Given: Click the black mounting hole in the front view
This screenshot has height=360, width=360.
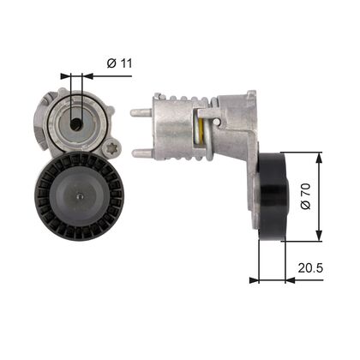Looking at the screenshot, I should pyautogui.click(x=76, y=123).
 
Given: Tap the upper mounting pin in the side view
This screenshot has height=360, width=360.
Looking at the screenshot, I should pyautogui.click(x=141, y=111).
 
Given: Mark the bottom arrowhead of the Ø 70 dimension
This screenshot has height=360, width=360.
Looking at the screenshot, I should pyautogui.click(x=319, y=237).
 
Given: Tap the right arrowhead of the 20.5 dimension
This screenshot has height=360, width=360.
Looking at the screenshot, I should pyautogui.click(x=280, y=279).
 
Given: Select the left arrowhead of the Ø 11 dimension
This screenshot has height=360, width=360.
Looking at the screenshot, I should pyautogui.click(x=68, y=75).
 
